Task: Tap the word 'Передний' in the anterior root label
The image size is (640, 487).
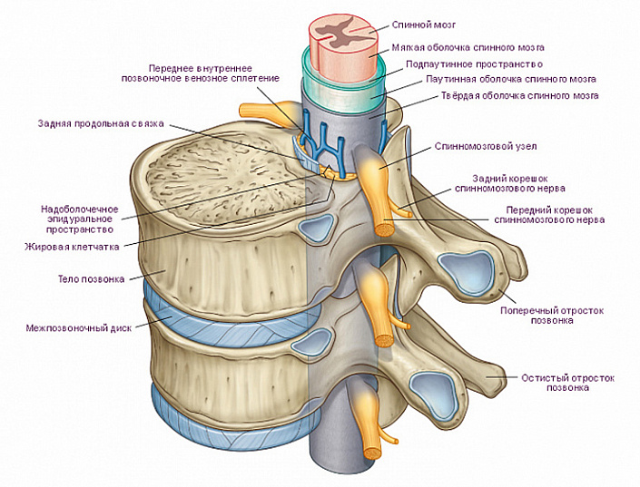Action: point(529,209)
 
